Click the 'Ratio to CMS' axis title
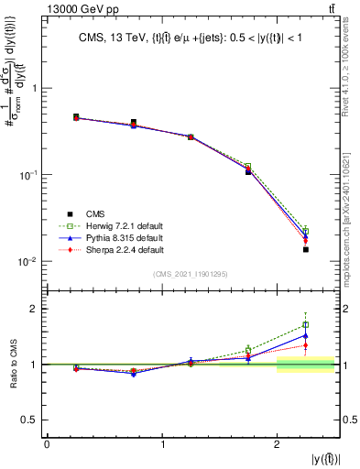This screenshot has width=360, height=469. (15, 365)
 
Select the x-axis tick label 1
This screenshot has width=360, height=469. (163, 444)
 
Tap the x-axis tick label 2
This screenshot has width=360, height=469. (278, 444)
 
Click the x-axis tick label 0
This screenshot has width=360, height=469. (48, 444)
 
